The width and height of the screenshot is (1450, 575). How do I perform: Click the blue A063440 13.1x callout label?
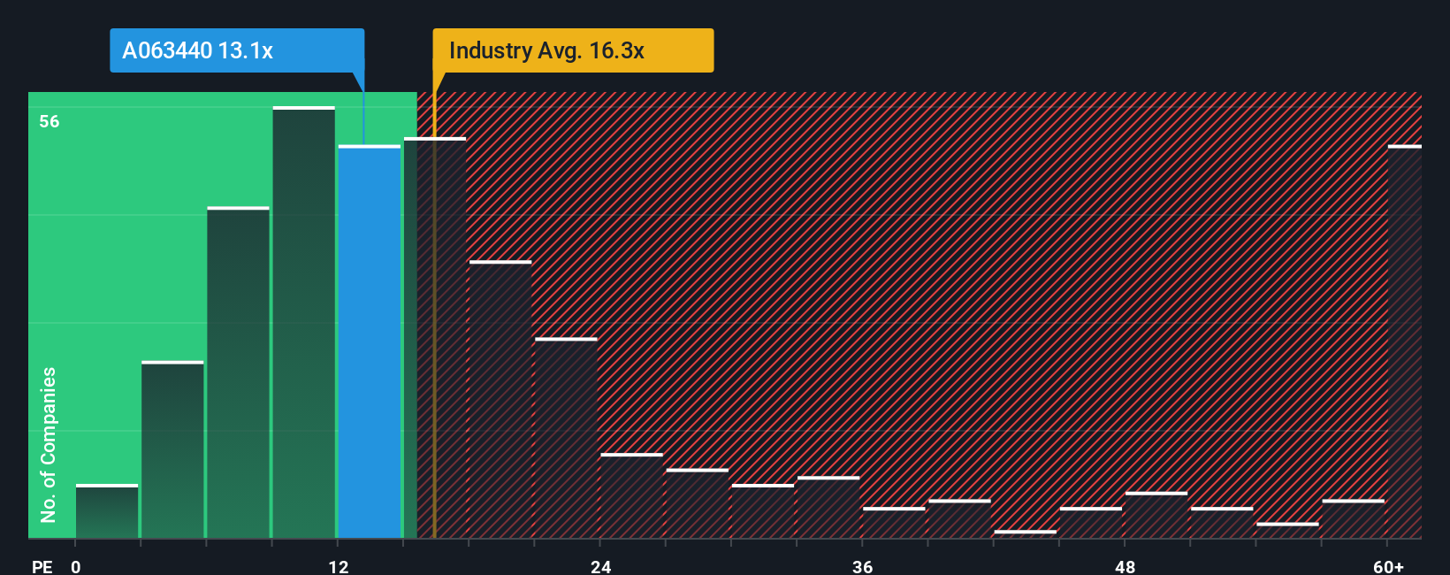[236, 50]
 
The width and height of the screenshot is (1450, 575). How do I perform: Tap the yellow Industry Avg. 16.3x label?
[572, 50]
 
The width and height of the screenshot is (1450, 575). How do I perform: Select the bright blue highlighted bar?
[370, 341]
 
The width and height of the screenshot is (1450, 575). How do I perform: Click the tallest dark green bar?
[304, 323]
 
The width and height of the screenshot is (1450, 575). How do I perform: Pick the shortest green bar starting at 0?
[107, 511]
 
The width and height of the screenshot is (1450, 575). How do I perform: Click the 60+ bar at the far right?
[1404, 341]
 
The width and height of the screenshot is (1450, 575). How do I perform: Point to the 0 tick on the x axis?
[76, 566]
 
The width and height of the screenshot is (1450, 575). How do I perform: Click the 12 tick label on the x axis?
[339, 566]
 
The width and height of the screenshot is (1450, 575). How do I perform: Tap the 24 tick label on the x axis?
[601, 566]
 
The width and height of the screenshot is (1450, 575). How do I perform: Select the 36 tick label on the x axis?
[863, 566]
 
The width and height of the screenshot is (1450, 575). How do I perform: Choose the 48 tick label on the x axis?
[1125, 566]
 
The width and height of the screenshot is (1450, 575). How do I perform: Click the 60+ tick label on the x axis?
[1388, 566]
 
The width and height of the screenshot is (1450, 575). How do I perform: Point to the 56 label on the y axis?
[50, 121]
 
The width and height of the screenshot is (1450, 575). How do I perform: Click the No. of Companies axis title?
[49, 444]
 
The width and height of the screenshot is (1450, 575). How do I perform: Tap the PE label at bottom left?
[42, 566]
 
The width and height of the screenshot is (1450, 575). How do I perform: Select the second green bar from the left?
[172, 449]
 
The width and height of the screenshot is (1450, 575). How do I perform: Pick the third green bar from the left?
[239, 372]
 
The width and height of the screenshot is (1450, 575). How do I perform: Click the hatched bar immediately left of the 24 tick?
[566, 438]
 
